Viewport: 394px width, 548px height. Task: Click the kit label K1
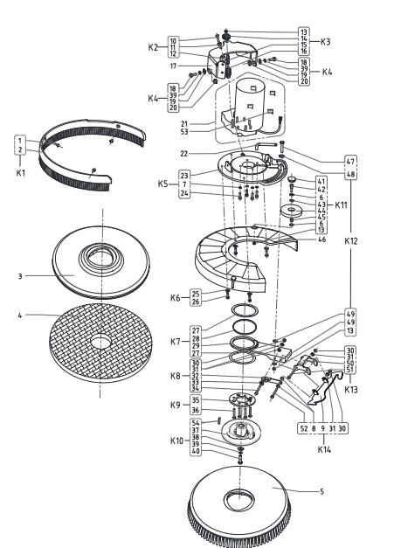point(21,173)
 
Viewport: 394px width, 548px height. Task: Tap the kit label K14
point(324,449)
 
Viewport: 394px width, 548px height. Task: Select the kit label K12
point(351,241)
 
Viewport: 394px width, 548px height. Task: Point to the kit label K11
point(341,205)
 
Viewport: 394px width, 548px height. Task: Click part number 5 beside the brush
point(321,491)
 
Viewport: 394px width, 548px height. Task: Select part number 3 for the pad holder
point(20,276)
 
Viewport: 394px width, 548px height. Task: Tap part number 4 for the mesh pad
point(20,316)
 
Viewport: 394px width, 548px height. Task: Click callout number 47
point(350,162)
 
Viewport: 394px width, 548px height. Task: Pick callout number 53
point(184,132)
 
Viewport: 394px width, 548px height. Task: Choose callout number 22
point(184,154)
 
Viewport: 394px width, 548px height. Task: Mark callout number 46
point(322,239)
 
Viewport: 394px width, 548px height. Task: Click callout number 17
point(173,66)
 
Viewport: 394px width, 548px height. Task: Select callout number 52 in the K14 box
point(304,428)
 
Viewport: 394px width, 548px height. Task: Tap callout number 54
point(196,422)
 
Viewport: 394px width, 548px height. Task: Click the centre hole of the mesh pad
point(101,342)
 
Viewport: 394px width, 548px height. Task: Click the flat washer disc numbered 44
point(292,211)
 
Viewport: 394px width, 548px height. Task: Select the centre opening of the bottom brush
point(239,499)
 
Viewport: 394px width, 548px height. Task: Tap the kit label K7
point(176,342)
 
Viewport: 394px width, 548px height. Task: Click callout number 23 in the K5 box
point(184,176)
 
